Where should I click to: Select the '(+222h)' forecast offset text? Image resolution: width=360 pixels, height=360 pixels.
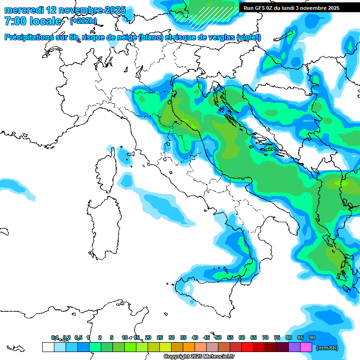[x=83, y=21]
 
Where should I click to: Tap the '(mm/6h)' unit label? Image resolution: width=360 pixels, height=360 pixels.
[x=327, y=348]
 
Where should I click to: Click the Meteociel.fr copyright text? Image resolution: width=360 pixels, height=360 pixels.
[x=199, y=357]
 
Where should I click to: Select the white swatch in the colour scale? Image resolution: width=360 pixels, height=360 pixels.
[x=48, y=347]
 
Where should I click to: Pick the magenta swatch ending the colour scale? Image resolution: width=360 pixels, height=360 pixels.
[x=306, y=347]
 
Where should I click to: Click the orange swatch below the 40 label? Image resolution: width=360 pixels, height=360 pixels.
[x=189, y=347]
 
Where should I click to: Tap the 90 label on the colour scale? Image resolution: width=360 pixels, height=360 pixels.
[x=312, y=337]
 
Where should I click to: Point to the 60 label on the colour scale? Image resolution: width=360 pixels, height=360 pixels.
[x=242, y=337]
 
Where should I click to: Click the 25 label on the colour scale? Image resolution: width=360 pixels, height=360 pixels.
[x=160, y=337]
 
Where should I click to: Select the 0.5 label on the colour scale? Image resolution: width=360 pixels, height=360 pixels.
[x=78, y=337]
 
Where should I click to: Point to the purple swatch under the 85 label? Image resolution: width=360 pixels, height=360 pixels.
[x=294, y=347]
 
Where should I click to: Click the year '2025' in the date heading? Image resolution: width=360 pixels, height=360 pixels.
[x=117, y=10]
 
